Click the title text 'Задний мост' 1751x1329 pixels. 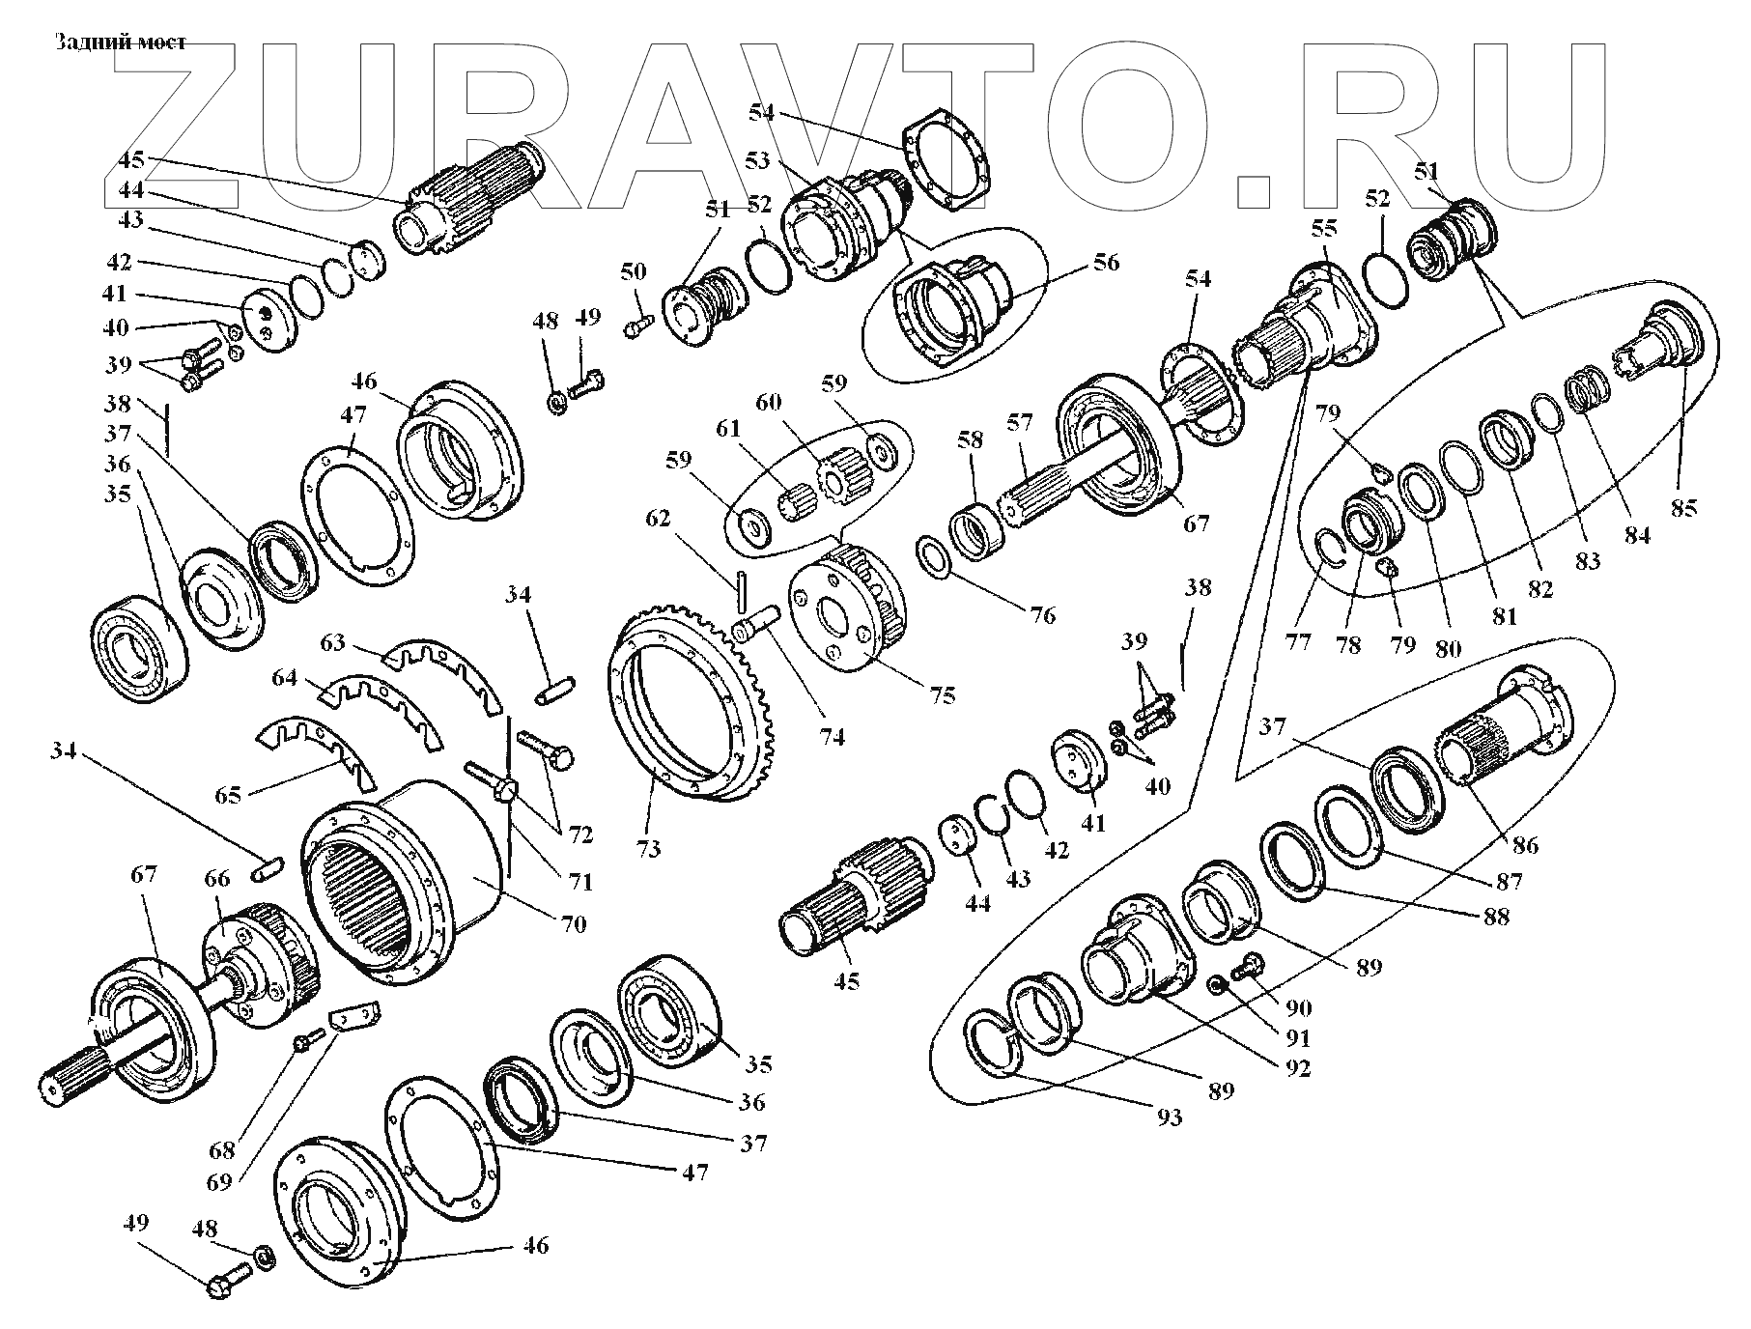click(120, 42)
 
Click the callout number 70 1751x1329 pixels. click(573, 924)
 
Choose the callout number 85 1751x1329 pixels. click(1683, 507)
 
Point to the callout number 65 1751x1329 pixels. click(229, 796)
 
